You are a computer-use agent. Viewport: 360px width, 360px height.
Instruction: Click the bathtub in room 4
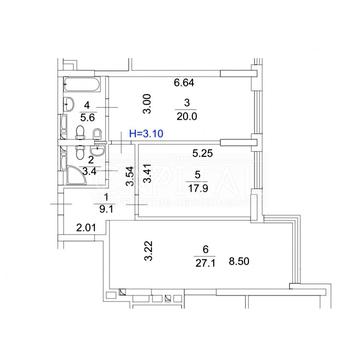[82, 85]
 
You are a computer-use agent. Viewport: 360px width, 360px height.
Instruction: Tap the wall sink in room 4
[69, 104]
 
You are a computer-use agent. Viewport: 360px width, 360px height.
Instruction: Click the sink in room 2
[99, 150]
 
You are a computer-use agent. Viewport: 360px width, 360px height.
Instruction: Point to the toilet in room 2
[80, 152]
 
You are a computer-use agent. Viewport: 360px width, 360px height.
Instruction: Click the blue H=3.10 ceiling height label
[146, 134]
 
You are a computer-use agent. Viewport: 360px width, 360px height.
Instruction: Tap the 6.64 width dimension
[184, 82]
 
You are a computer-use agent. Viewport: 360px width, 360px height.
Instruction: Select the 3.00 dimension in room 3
[147, 104]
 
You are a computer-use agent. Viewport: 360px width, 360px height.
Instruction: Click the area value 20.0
[186, 116]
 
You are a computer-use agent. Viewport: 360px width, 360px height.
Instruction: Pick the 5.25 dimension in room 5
[203, 153]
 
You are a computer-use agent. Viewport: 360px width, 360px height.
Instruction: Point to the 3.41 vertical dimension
[147, 172]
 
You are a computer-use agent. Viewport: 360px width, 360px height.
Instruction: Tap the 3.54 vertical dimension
[130, 176]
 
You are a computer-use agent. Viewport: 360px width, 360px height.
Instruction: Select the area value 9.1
[105, 210]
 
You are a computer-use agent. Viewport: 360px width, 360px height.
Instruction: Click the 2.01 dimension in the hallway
[86, 228]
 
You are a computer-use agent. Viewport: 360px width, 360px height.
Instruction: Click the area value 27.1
[205, 263]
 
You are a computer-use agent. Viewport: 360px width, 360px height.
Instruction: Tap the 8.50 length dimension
[239, 262]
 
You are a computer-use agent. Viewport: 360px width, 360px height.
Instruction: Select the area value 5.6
[87, 117]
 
